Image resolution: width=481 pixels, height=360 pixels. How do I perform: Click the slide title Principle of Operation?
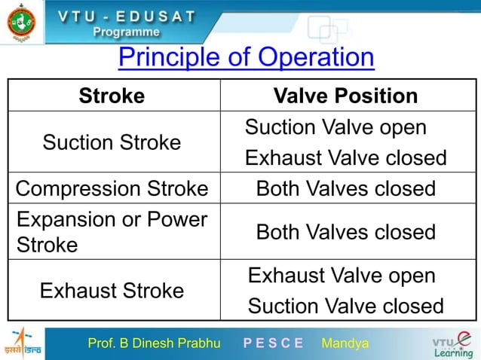[247, 57]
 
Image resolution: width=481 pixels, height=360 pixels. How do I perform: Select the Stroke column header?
[112, 96]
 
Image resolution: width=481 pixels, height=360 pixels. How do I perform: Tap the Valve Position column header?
[345, 96]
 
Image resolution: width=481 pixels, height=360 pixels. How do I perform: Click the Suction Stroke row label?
[112, 142]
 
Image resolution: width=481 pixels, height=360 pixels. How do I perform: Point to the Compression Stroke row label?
[112, 188]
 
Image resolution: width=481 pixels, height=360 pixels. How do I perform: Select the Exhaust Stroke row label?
[112, 290]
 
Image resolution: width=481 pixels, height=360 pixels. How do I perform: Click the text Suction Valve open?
[335, 127]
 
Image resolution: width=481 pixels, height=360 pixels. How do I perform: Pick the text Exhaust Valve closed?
[346, 159]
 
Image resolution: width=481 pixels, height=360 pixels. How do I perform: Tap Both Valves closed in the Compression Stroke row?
[346, 188]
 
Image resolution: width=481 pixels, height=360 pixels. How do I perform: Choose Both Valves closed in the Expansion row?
[346, 232]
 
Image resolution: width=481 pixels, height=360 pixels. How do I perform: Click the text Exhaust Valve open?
[342, 276]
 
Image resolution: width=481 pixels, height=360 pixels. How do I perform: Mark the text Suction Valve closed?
[346, 307]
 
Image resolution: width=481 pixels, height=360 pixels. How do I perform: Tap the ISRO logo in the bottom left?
[23, 344]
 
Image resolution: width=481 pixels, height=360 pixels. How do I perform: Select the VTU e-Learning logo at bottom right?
[451, 344]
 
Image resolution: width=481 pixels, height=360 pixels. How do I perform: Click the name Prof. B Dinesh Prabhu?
[154, 344]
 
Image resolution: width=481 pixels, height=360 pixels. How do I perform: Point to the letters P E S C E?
[273, 344]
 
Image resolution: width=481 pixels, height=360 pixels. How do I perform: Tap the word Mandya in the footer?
[345, 344]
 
